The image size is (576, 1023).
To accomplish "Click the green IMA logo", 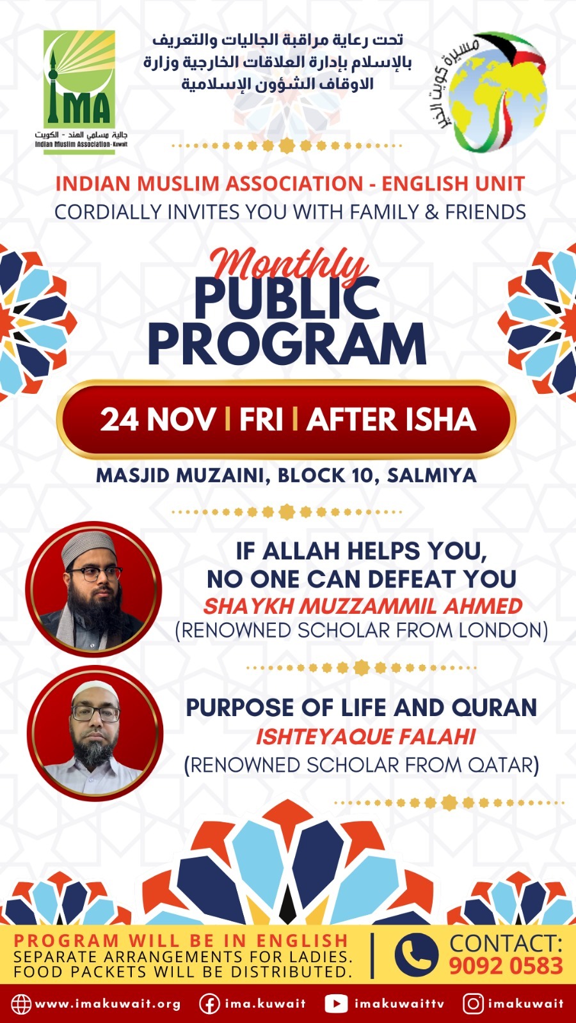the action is [79, 92].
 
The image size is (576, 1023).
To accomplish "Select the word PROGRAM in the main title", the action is [287, 343].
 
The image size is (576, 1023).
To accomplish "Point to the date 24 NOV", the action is [157, 419].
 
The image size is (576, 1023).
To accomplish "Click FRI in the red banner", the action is [261, 419].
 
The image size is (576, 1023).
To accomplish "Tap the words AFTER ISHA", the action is [391, 419].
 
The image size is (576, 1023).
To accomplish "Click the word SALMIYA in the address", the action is [431, 476].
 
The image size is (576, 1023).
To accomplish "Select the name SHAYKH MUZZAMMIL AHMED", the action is [362, 606].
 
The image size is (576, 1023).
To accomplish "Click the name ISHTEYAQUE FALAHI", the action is [365, 737].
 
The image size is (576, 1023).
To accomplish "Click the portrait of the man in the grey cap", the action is [93, 589].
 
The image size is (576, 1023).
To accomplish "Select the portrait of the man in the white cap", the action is [95, 733].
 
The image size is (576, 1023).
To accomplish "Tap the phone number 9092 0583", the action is [506, 966].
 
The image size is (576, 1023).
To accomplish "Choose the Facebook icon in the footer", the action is [209, 1004].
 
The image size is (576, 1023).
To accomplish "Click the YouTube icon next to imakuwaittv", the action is [336, 1004].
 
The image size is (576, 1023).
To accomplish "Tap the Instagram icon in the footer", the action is [473, 1004].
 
